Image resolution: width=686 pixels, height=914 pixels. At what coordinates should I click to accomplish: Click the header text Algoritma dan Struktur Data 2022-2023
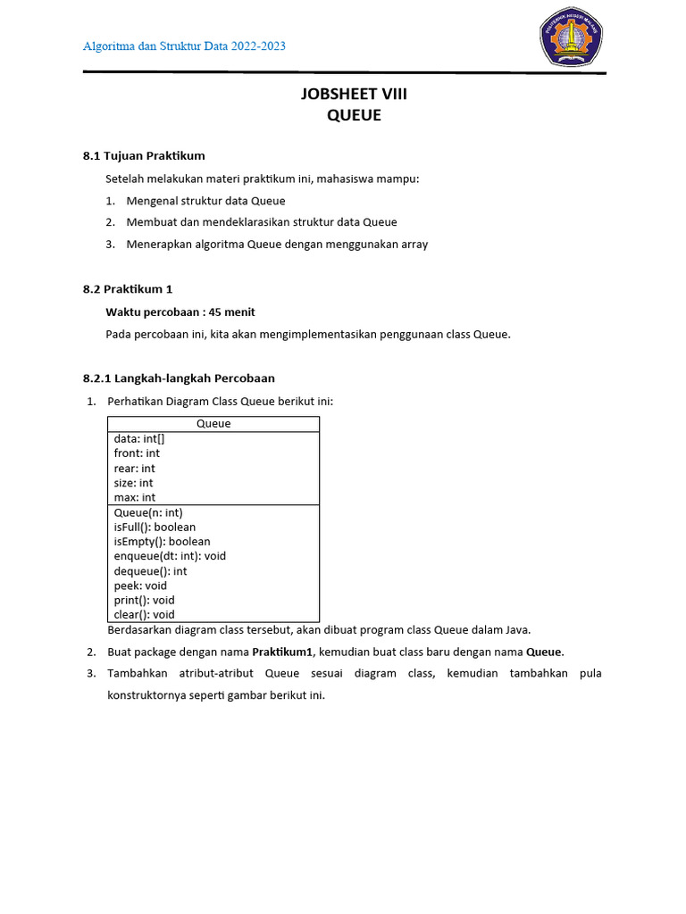pos(184,46)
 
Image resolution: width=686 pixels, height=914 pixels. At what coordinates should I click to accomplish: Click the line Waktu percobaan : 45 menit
pos(180,312)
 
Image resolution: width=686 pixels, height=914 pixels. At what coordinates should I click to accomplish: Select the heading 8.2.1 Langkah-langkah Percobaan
pos(179,378)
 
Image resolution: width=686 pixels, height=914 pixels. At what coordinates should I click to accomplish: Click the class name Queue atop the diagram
pos(213,424)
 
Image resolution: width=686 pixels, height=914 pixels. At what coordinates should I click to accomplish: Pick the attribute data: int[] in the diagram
pos(139,439)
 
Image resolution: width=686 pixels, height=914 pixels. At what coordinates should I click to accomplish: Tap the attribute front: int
pos(137,453)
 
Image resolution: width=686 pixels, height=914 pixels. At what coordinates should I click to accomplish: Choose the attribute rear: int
pos(134,468)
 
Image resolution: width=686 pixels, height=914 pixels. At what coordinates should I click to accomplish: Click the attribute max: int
pos(134,497)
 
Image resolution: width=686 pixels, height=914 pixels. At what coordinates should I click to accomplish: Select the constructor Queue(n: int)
pos(148,512)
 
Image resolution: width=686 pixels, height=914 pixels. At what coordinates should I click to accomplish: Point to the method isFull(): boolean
pos(155,527)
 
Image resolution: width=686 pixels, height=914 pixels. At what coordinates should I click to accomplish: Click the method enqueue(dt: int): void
pos(170,555)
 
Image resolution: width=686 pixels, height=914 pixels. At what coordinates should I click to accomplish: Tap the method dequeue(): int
pos(150,570)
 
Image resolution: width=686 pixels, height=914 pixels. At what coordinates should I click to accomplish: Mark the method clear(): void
pos(144,614)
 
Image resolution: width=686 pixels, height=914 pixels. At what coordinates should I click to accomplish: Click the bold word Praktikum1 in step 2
pos(283,652)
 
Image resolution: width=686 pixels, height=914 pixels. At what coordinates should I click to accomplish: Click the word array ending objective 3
pos(412,244)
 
